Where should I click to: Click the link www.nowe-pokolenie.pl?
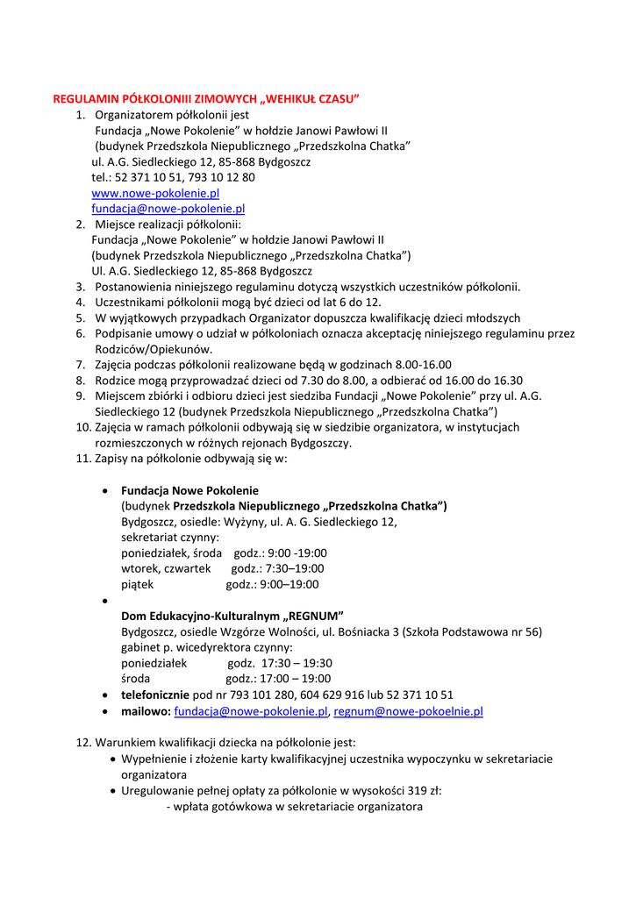click(x=155, y=193)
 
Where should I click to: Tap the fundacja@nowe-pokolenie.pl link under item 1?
click(x=168, y=209)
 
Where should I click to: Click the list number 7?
click(x=80, y=365)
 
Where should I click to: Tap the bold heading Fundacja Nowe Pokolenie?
click(x=189, y=490)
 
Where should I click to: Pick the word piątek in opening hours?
click(x=138, y=584)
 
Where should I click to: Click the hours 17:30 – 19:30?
click(x=297, y=663)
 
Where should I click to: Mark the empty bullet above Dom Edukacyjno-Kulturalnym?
click(x=105, y=602)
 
